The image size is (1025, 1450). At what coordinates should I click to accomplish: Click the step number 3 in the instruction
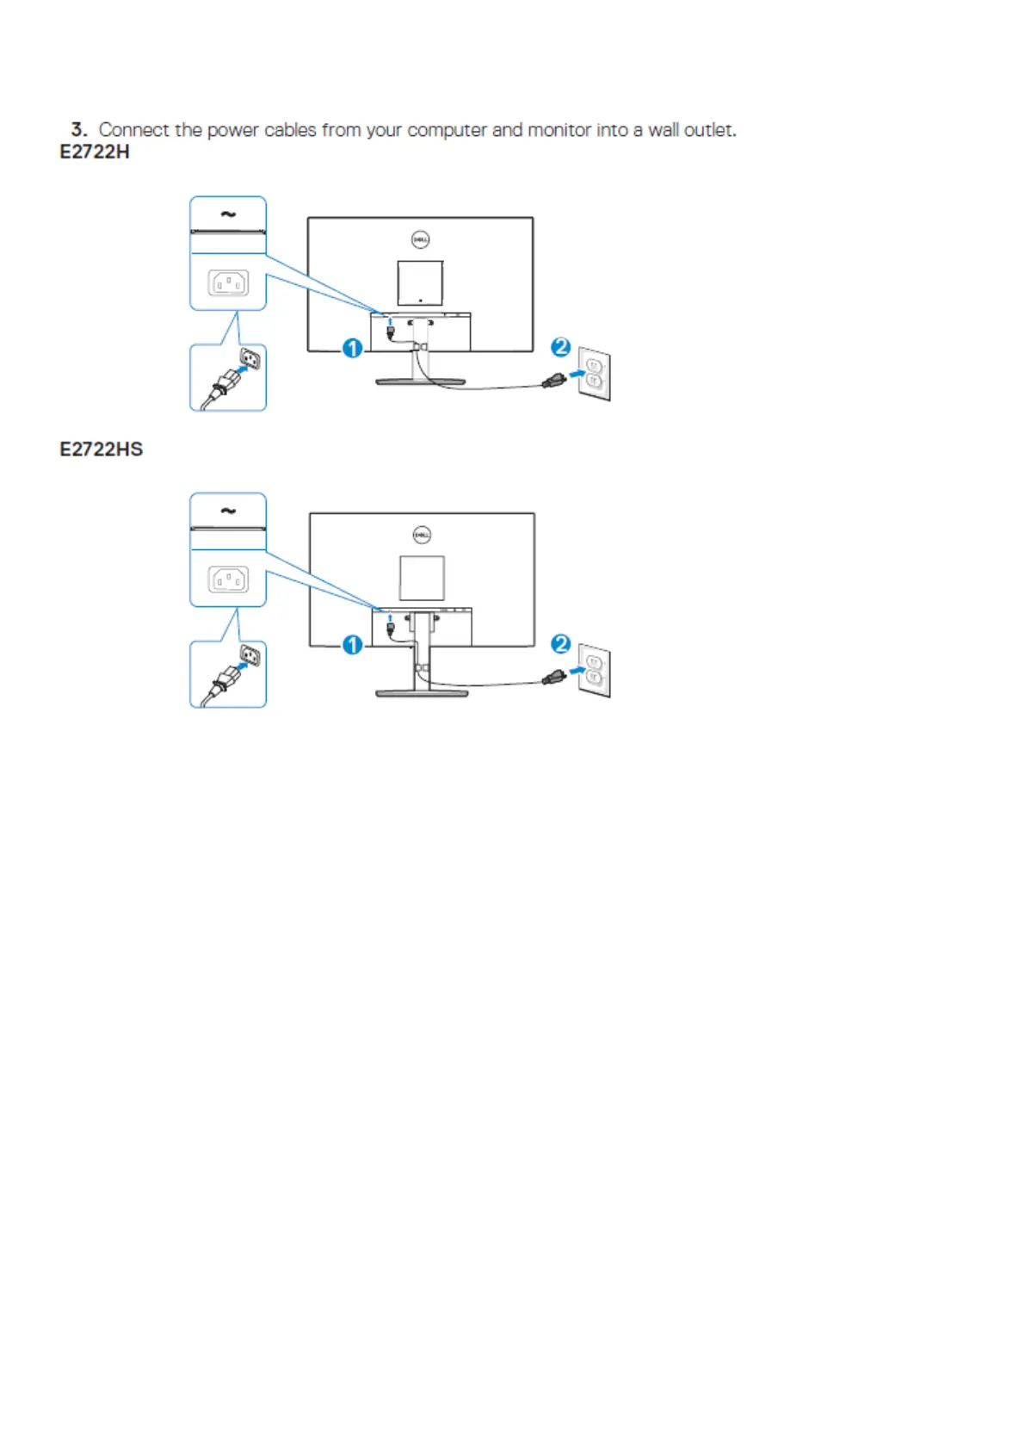(78, 130)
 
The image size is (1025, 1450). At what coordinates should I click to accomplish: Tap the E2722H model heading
(94, 152)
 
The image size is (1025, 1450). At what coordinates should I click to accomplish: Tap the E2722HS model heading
(101, 449)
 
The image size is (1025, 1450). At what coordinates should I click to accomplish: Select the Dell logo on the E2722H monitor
(420, 239)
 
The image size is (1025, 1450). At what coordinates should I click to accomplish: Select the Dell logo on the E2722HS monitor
(422, 535)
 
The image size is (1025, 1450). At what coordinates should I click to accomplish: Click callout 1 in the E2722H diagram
(352, 348)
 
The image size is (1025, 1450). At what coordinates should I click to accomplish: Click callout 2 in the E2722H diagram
(560, 347)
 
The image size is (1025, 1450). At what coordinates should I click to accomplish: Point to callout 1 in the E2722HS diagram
(352, 644)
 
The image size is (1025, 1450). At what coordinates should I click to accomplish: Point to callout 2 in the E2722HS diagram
(560, 643)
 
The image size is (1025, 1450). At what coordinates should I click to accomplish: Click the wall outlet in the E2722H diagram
(594, 373)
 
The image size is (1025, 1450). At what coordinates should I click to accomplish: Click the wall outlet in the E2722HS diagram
(594, 670)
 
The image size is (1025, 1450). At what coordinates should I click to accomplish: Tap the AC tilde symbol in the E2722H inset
(228, 214)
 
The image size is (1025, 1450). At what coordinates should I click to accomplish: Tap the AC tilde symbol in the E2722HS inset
(228, 511)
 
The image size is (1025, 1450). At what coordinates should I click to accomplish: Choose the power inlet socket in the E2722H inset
(228, 282)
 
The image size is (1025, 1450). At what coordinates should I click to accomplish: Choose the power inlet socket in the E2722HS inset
(228, 579)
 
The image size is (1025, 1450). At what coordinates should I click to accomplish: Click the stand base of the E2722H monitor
(420, 381)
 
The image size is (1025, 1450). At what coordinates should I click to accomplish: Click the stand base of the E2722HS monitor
(422, 692)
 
